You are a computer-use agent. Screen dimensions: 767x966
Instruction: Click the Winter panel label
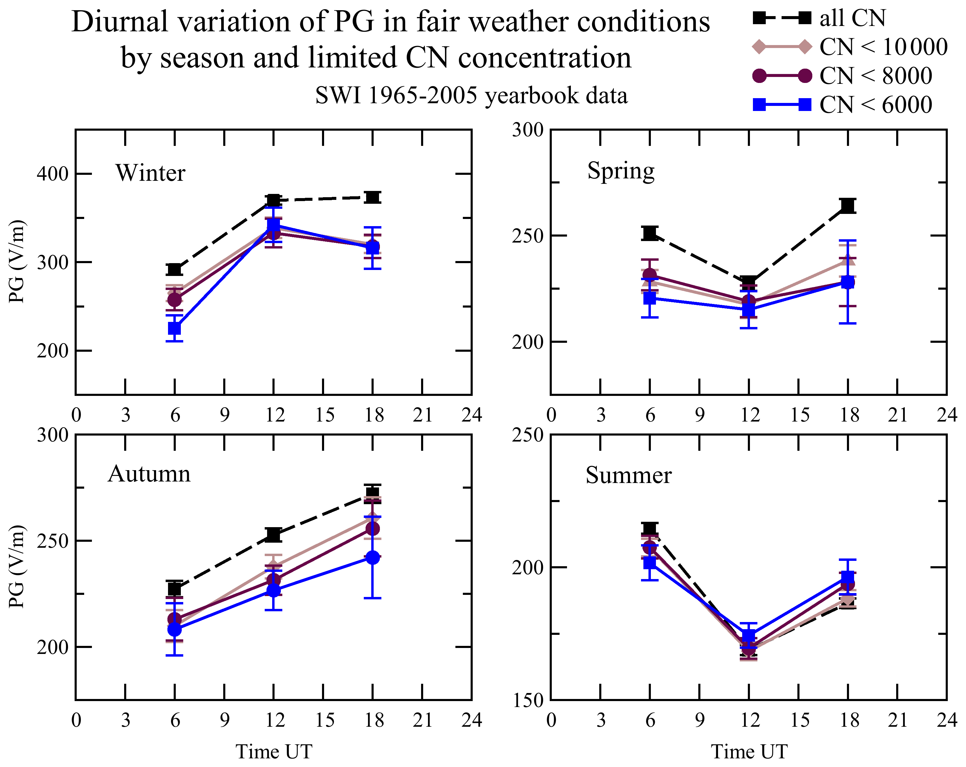coord(150,173)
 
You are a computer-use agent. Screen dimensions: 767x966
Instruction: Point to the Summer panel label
coord(628,475)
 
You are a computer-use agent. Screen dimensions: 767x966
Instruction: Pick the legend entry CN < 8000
coord(876,76)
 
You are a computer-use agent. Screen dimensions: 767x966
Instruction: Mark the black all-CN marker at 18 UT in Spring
coord(847,206)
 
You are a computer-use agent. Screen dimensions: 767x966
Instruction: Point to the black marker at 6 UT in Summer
coord(650,529)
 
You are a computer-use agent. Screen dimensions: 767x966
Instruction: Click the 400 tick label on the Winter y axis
coord(52,174)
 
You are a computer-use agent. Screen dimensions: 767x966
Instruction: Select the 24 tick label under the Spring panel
coord(947,415)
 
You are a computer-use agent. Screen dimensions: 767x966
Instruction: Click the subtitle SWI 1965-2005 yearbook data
coord(471,95)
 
